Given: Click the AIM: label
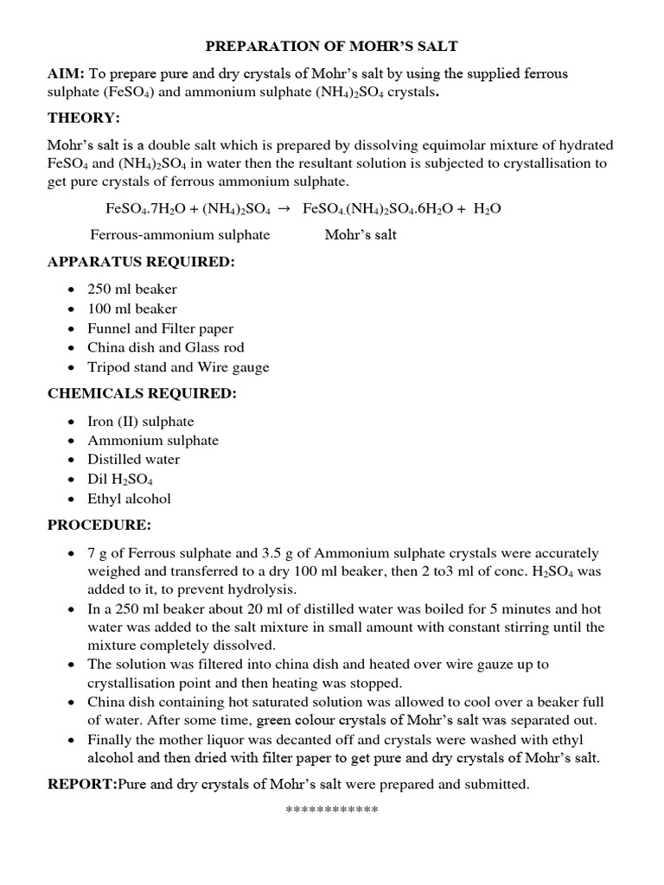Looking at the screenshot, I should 66,74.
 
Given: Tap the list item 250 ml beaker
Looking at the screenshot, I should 131,290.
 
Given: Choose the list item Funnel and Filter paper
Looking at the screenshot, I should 160,328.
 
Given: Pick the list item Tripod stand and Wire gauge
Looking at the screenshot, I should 178,367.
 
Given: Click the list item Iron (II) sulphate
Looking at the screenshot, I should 140,422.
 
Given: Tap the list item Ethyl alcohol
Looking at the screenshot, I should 129,499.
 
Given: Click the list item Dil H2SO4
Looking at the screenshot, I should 120,480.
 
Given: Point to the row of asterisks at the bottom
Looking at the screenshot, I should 331,811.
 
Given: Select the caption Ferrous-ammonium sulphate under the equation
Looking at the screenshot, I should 180,234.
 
